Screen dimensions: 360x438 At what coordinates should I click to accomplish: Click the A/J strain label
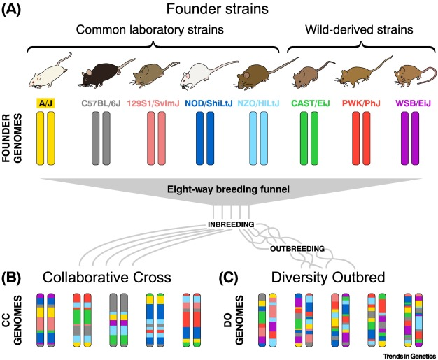tap(47, 103)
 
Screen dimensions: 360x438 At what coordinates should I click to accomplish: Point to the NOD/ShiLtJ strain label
tap(207, 103)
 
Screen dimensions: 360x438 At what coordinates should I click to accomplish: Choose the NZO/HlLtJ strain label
tap(260, 103)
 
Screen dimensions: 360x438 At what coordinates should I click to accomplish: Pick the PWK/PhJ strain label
tap(360, 103)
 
